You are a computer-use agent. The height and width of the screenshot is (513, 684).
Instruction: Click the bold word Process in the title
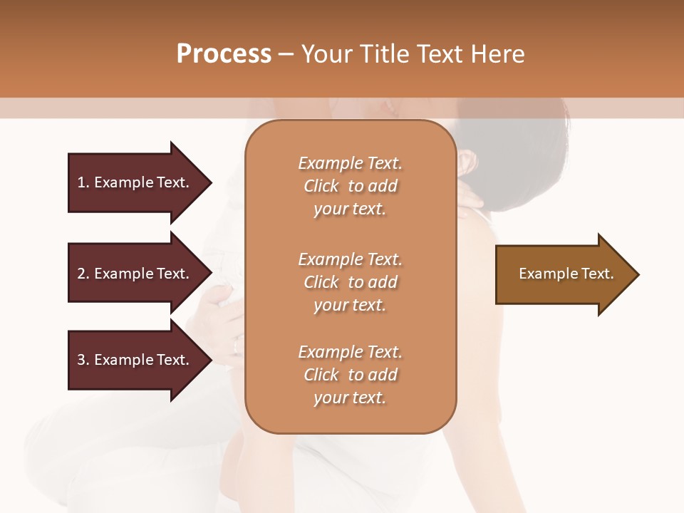coord(224,54)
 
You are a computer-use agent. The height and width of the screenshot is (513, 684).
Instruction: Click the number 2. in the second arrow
coord(83,274)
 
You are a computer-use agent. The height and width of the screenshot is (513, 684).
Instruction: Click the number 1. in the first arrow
coord(83,182)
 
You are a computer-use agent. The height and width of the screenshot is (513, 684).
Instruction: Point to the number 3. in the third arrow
coord(83,360)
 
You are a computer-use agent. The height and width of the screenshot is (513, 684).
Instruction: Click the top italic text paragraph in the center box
coord(350,186)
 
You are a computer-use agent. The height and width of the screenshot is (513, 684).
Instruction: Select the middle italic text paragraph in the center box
coord(350,282)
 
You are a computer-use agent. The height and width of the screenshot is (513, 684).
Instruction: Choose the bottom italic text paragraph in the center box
coord(350,375)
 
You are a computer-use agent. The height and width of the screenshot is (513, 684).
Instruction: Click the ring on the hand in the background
coord(237,347)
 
